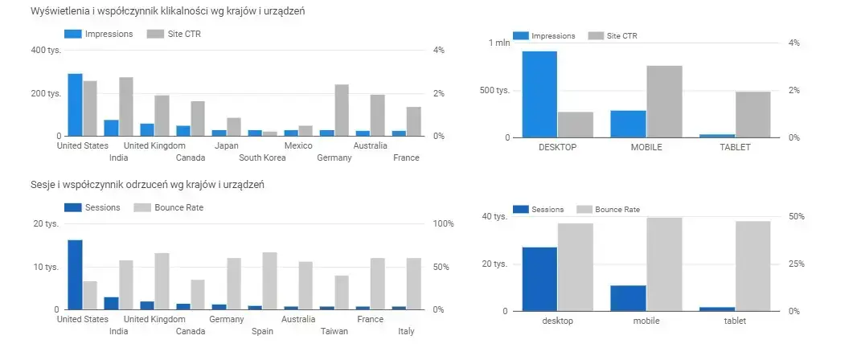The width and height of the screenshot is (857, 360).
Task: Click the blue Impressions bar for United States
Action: pos(75,105)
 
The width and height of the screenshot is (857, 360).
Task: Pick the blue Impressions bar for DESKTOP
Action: pos(539,94)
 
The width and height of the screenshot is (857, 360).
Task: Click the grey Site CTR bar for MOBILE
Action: pos(664,101)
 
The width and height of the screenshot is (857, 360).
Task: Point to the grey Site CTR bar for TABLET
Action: pos(752,114)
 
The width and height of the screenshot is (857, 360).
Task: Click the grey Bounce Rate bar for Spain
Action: pos(270,281)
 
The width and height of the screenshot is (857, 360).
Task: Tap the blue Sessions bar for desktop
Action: pos(539,279)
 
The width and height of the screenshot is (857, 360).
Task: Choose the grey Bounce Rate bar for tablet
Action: pos(752,266)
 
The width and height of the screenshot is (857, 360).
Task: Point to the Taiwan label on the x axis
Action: pos(334,331)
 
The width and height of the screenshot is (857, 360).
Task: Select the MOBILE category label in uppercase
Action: pos(646,148)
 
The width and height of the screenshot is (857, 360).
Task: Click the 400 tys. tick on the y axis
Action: pos(46,51)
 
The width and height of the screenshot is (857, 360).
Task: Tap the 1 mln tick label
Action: pos(499,43)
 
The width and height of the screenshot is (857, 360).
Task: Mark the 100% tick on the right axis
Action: pos(445,223)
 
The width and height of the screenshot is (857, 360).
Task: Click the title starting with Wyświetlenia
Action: pos(167,12)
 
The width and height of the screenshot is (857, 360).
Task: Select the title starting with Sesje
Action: pos(148,185)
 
